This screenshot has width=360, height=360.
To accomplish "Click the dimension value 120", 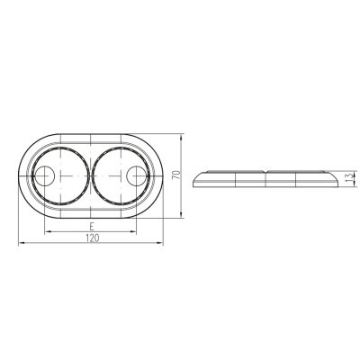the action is pyautogui.click(x=93, y=238).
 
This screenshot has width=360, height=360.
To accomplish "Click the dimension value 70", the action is pyautogui.click(x=176, y=175).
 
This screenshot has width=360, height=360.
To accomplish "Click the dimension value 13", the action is pyautogui.click(x=347, y=179).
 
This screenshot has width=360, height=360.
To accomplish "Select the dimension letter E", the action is pyautogui.click(x=92, y=226).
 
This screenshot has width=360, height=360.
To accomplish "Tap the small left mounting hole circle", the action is pyautogui.click(x=44, y=175).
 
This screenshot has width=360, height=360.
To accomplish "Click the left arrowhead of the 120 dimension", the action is pyautogui.click(x=22, y=243).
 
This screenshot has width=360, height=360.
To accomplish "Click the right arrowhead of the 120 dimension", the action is pyautogui.click(x=160, y=243).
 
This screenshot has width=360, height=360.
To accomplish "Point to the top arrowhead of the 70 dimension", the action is pyautogui.click(x=181, y=138).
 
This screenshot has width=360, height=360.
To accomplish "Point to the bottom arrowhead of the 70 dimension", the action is pyautogui.click(x=181, y=214).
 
